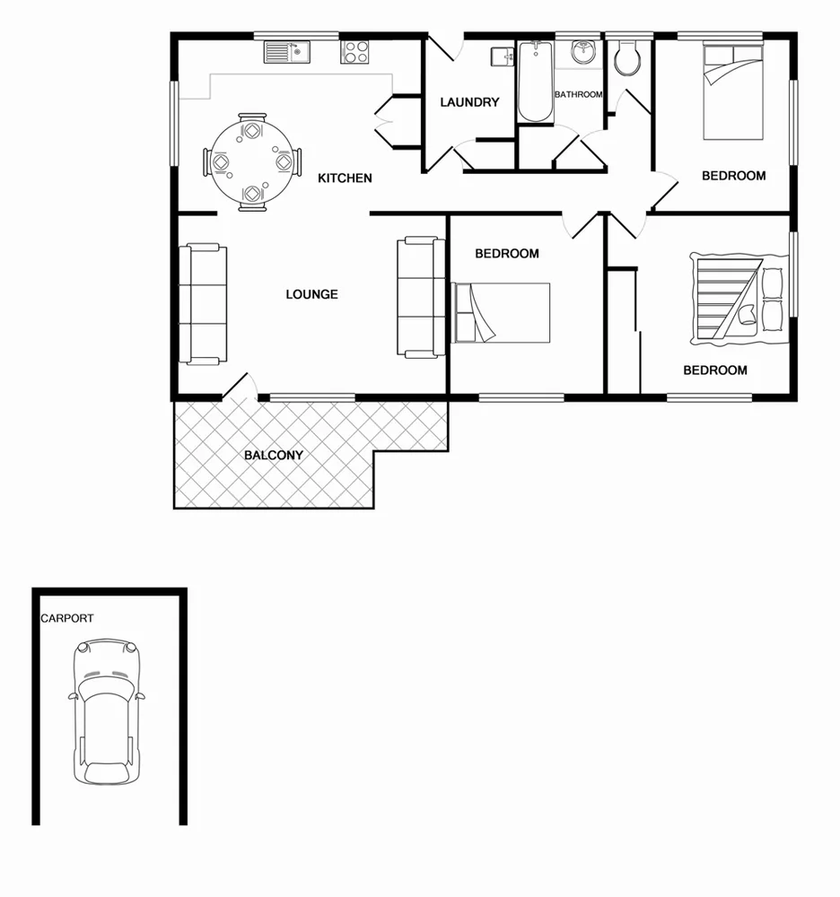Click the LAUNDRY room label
(x=468, y=102)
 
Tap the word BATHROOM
(x=578, y=94)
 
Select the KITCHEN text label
(x=345, y=179)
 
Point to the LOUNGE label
(x=311, y=294)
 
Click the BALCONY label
(x=274, y=455)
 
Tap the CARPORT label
(x=66, y=618)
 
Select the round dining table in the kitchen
(x=252, y=162)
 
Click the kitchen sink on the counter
(x=286, y=53)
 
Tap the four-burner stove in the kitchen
(x=356, y=52)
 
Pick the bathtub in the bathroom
(x=537, y=81)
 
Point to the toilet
(x=627, y=58)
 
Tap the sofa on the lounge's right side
(x=420, y=297)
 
